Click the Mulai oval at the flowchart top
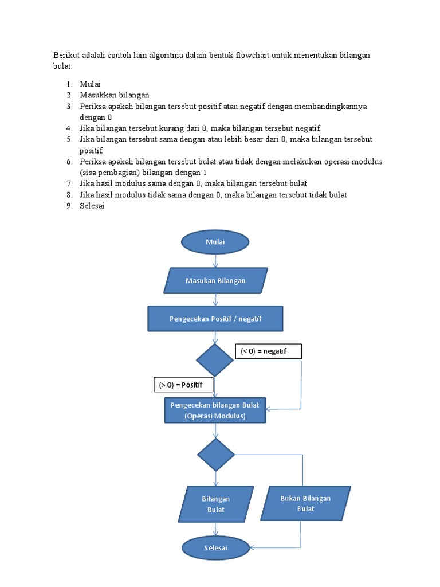215,242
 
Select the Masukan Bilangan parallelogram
215,281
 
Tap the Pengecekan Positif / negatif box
215,319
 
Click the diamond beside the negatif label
215,360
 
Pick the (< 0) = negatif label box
268,351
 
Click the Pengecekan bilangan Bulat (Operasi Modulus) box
215,410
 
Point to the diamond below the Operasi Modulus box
216,455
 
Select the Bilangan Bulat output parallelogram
216,504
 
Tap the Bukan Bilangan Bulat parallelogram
305,503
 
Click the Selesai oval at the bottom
215,548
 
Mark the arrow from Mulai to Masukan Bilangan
215,261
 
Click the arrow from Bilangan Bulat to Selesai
216,529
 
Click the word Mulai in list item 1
90,84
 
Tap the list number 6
68,162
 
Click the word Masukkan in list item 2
98,95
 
